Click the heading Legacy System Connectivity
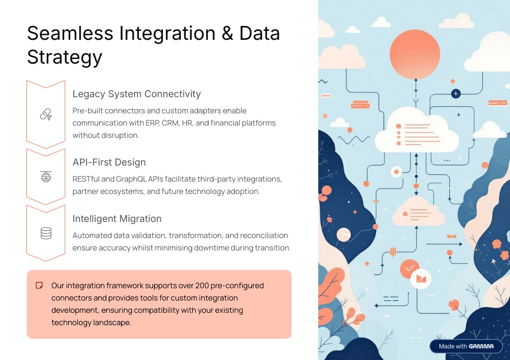[136, 94]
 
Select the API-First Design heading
[109, 162]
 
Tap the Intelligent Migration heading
[117, 219]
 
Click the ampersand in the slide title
[228, 33]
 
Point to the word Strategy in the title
[65, 58]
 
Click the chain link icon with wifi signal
[46, 115]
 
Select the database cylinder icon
[46, 233]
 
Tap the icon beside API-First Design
[46, 177]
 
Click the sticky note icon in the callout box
[39, 285]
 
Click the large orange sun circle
[415, 54]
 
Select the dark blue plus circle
[456, 94]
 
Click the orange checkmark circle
[409, 268]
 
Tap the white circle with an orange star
[396, 172]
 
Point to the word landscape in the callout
[112, 323]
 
